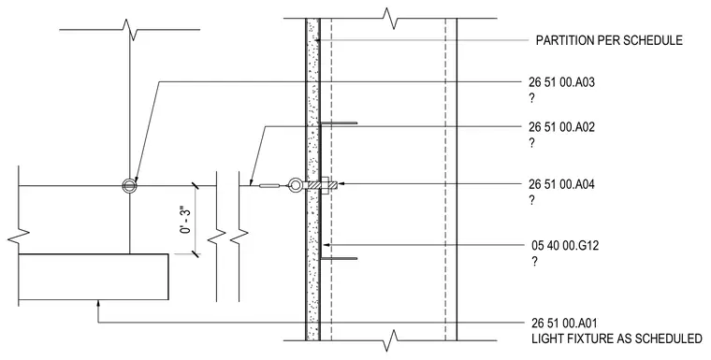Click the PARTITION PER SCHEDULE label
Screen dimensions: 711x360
coord(609,40)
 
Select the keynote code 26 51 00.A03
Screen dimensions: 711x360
coord(561,82)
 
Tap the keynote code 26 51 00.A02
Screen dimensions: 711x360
coord(561,127)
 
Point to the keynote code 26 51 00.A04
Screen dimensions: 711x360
coord(561,184)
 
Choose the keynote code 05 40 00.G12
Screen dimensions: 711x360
coord(565,246)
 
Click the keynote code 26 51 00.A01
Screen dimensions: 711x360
coord(564,324)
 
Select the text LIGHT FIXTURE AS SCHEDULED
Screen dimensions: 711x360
coord(617,338)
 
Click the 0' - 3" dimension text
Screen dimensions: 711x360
coord(185,220)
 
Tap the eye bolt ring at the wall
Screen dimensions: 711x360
coord(296,185)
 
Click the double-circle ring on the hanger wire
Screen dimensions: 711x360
coord(130,185)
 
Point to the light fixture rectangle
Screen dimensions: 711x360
coord(94,277)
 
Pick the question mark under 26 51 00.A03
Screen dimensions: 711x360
coord(532,99)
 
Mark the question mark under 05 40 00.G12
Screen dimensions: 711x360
coord(534,262)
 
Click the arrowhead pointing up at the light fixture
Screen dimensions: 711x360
coord(98,304)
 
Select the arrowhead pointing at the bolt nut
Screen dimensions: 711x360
coord(341,183)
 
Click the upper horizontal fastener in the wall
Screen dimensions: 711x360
coord(339,122)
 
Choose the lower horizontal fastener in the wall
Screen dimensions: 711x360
coord(339,259)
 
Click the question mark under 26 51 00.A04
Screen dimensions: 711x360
coord(532,200)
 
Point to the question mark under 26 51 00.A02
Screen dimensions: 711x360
coord(532,143)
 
